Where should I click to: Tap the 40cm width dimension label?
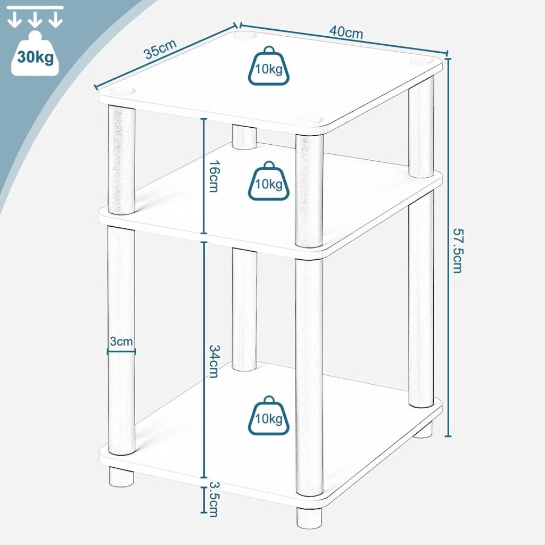[x=346, y=32]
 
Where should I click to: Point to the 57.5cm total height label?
[x=457, y=250]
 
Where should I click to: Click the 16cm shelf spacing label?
[x=213, y=176]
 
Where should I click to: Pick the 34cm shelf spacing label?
[x=213, y=361]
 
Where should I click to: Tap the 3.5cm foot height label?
[x=214, y=499]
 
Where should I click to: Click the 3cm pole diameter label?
[x=121, y=341]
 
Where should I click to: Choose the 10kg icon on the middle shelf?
[x=269, y=181]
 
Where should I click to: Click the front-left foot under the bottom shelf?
[x=121, y=476]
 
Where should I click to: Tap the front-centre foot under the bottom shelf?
[x=309, y=516]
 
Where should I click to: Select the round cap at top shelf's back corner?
[x=245, y=36]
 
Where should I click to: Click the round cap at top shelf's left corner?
[x=122, y=91]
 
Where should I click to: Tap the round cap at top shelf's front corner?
[x=309, y=121]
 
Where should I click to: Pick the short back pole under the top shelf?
[x=244, y=137]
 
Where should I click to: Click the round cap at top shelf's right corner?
[x=422, y=61]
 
